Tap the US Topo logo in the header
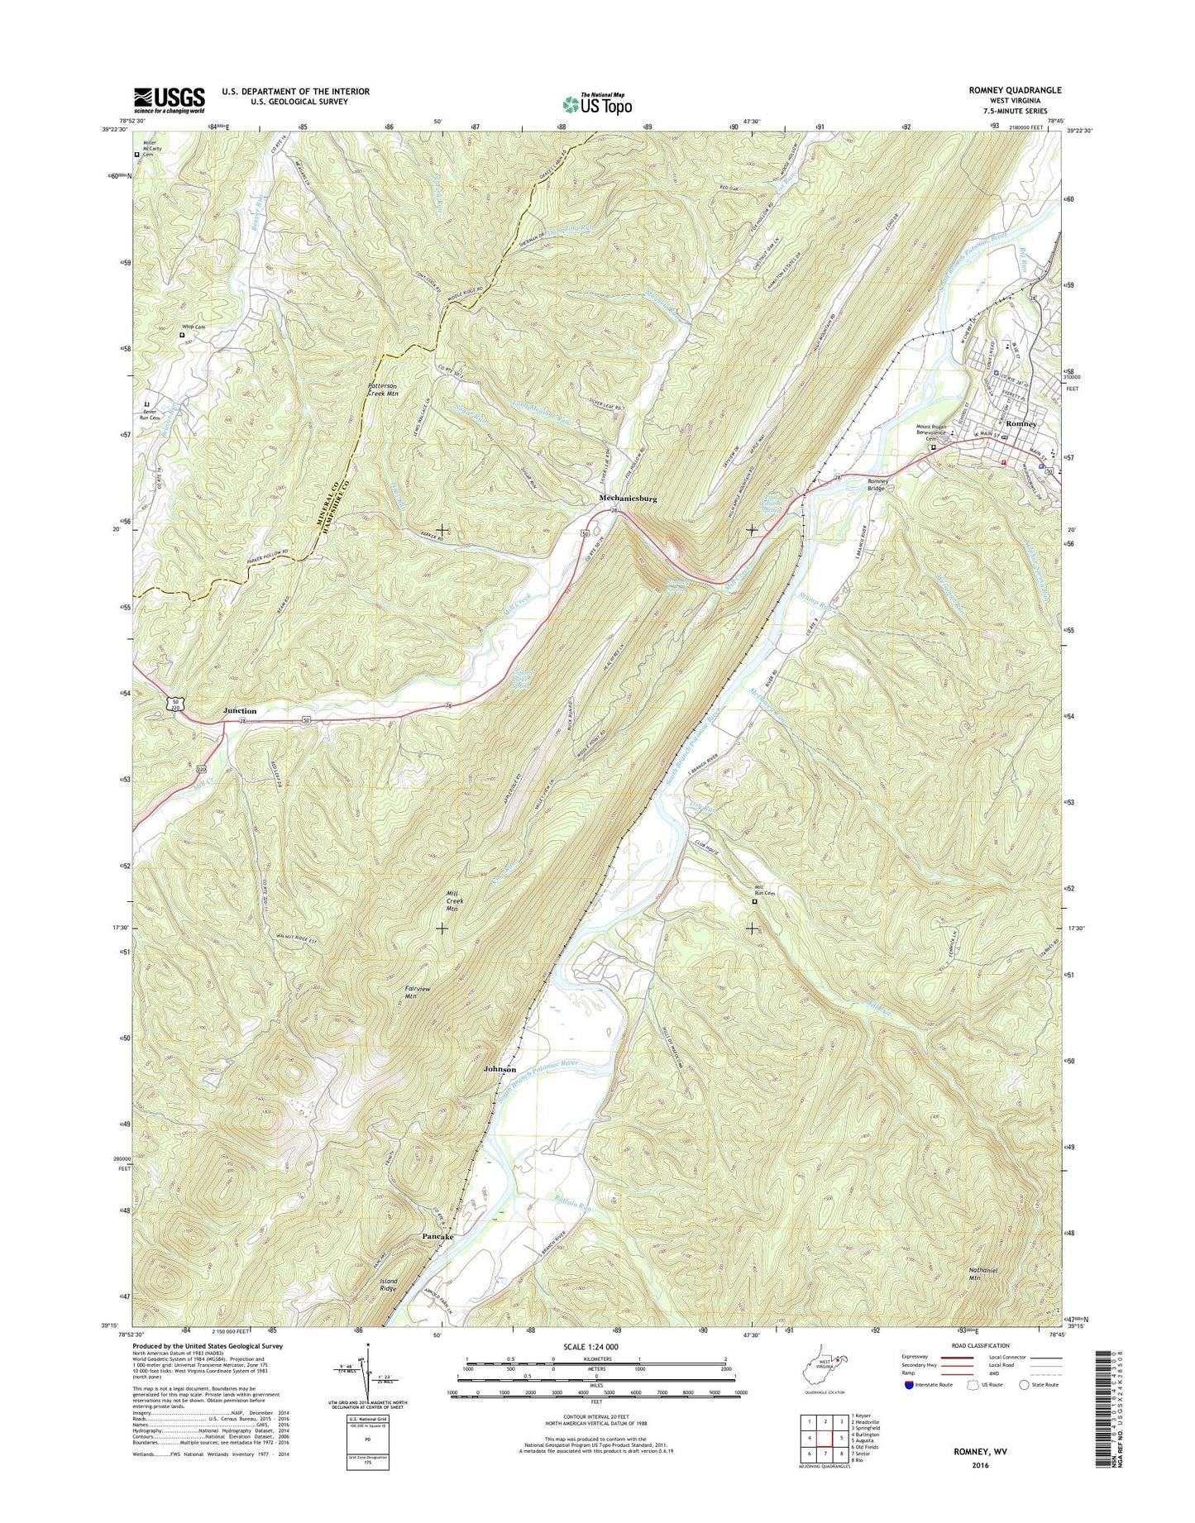coord(597,103)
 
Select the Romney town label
coord(1021,423)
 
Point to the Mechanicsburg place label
coord(628,499)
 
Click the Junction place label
coord(240,711)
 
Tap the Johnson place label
coord(500,1069)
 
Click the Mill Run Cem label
coord(765,890)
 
